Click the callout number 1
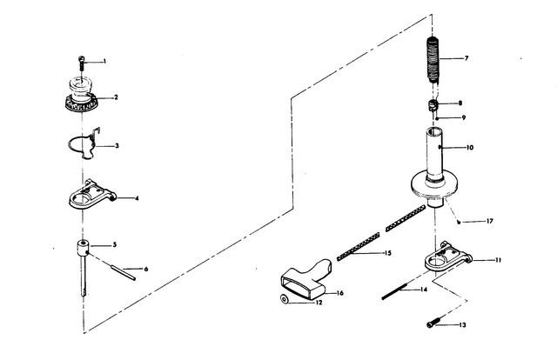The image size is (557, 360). coord(104,62)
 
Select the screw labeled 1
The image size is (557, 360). coord(82,63)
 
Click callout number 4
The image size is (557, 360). coord(137,198)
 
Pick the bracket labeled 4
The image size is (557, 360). coord(92,195)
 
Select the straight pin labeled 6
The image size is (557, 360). coord(123,273)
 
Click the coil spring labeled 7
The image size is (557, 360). coord(433,60)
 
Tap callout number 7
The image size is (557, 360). coord(466,58)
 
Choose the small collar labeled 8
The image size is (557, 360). coord(433,105)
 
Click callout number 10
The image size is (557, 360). coord(470,147)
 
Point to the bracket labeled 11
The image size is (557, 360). coord(448,257)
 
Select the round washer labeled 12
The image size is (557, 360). coord(285,299)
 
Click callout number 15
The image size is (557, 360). coord(387,253)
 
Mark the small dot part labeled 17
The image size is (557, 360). coord(459,223)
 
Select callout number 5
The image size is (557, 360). coord(114,244)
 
